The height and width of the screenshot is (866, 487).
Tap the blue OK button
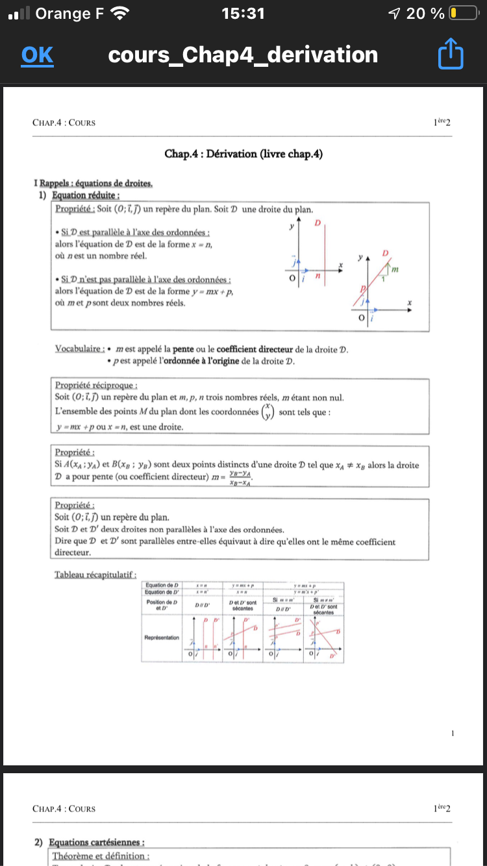coord(37,55)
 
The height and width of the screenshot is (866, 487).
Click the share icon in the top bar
coord(451,55)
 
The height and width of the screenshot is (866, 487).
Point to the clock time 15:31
coord(243,13)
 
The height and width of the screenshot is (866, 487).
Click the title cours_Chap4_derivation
coord(243,55)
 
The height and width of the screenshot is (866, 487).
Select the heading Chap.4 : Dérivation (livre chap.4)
coord(243,154)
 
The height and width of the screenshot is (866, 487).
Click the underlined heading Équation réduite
coord(87,195)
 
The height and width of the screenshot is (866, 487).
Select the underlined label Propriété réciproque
coord(92,385)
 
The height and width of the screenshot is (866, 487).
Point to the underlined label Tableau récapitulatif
coord(95,575)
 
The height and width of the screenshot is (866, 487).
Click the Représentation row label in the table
coord(162,637)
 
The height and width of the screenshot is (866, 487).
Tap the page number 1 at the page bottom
coord(453,733)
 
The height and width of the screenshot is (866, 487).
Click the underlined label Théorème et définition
coord(102,857)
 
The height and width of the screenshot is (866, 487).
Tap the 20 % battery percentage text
coord(425,13)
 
